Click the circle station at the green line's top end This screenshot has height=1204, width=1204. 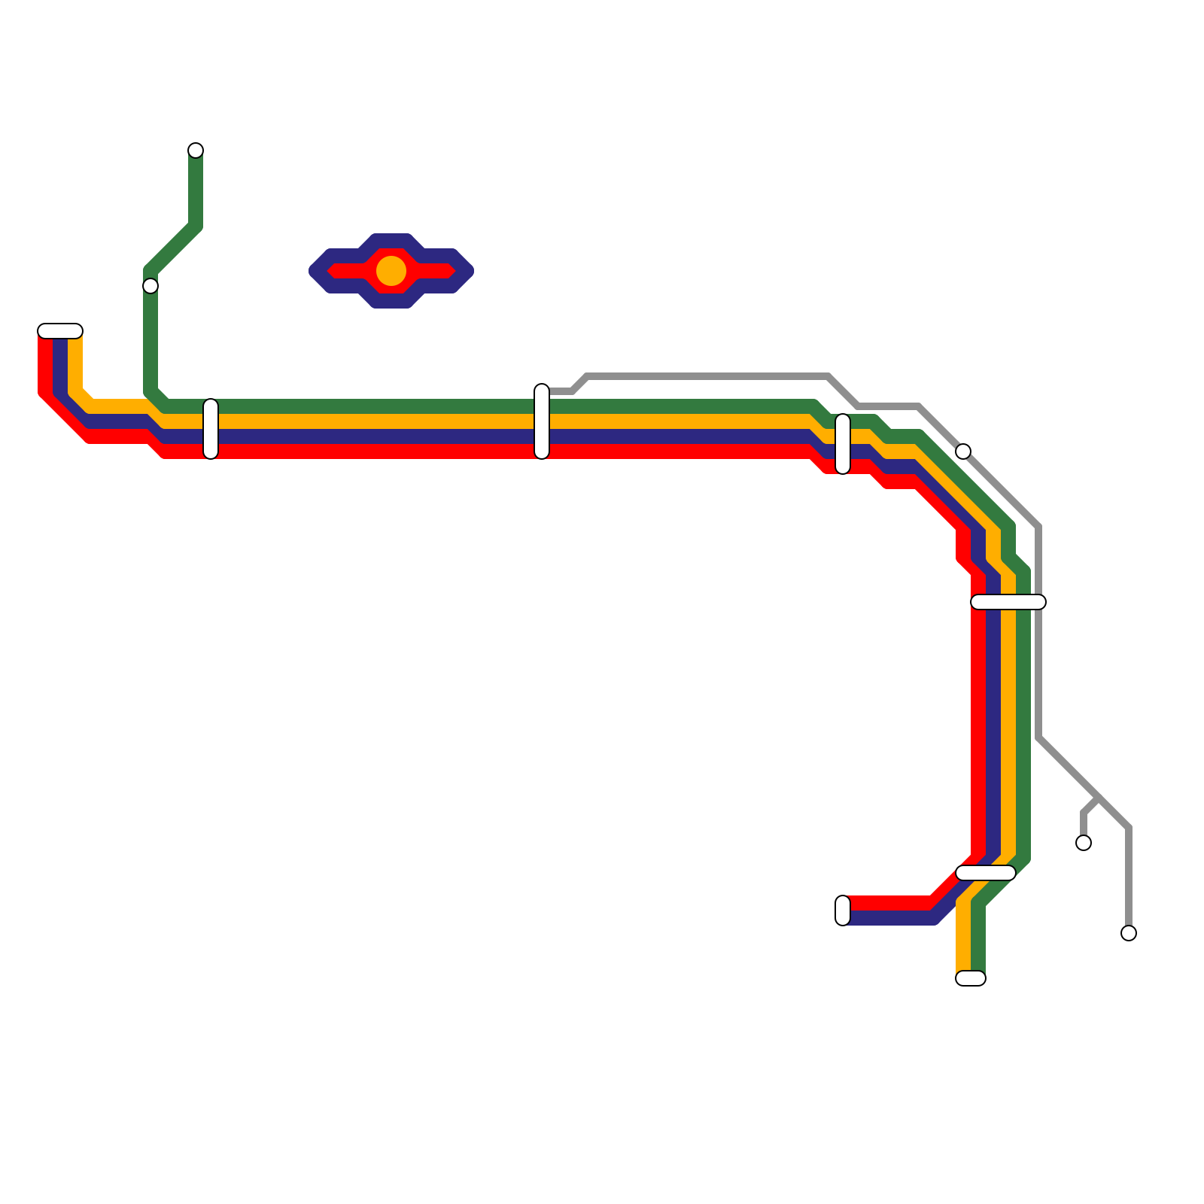point(196,150)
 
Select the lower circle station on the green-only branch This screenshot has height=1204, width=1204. point(150,286)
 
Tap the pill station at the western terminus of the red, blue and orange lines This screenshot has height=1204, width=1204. point(60,331)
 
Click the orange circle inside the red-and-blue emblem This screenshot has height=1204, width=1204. point(391,271)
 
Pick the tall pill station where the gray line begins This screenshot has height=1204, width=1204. point(542,421)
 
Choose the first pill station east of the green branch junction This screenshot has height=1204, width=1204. point(211,429)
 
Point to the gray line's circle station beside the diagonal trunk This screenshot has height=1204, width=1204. point(963,451)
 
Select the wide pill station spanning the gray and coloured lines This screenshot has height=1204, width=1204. point(1008,602)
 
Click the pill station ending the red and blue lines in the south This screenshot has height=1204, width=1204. point(843,911)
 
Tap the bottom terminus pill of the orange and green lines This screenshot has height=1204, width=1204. point(971,978)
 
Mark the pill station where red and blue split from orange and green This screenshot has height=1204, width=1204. point(986,873)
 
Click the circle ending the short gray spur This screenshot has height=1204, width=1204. point(1084,843)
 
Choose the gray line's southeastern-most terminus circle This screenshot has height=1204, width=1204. point(1129,933)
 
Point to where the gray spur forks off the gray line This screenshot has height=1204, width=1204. point(1099,798)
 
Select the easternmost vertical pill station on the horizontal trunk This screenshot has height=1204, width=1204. point(843,444)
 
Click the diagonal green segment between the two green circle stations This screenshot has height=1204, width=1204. point(173,248)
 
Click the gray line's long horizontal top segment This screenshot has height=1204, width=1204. point(707,376)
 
